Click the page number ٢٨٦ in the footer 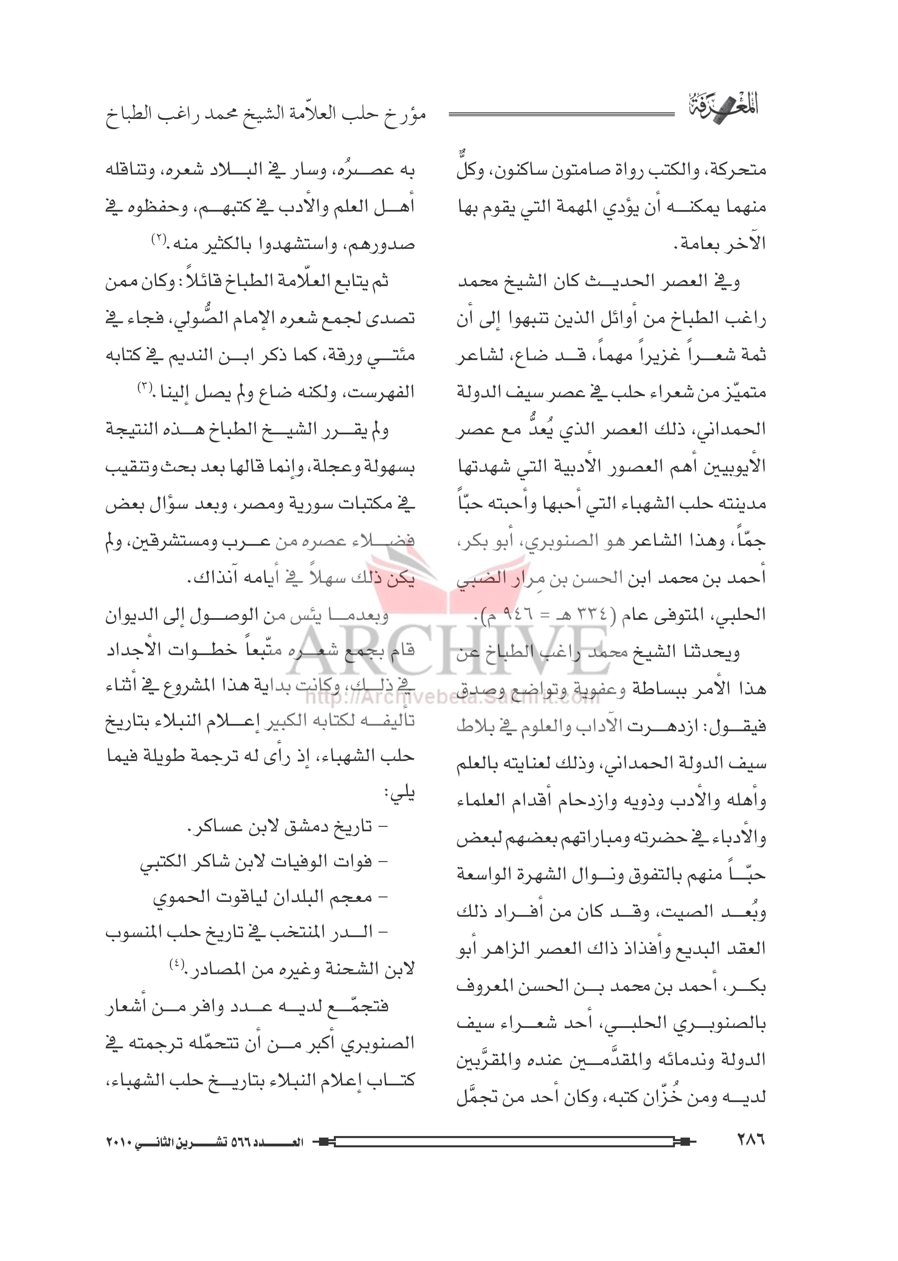click(750, 1139)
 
